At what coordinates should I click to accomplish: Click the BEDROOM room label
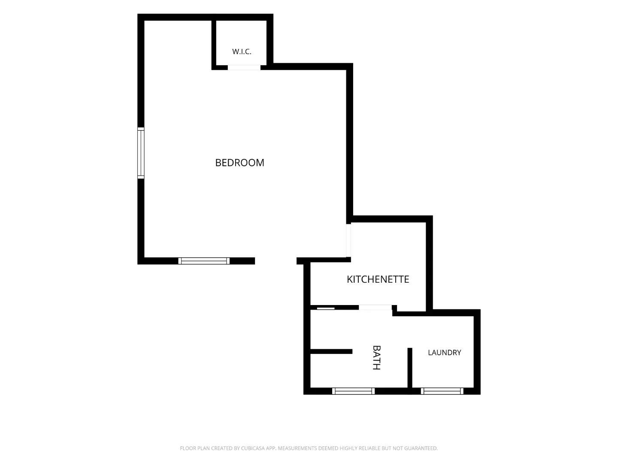(239, 162)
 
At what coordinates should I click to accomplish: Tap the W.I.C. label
(242, 52)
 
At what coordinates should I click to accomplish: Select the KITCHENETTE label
(378, 279)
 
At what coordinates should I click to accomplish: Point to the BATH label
(376, 357)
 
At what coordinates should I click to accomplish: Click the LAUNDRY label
(445, 352)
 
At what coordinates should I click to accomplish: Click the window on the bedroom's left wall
(141, 153)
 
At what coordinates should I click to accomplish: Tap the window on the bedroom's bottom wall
(204, 261)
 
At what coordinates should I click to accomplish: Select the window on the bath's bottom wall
(353, 391)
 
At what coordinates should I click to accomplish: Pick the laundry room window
(442, 391)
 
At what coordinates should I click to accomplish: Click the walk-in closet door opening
(244, 67)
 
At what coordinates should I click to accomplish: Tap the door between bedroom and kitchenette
(348, 240)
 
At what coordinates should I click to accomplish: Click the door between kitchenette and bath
(375, 307)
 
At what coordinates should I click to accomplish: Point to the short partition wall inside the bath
(331, 351)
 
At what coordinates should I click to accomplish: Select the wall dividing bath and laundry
(410, 368)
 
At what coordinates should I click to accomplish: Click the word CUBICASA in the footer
(252, 448)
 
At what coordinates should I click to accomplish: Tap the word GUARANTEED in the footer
(421, 448)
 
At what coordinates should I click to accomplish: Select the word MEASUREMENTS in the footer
(297, 448)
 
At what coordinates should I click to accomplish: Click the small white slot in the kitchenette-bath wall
(326, 308)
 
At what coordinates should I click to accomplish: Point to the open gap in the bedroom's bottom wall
(276, 261)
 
